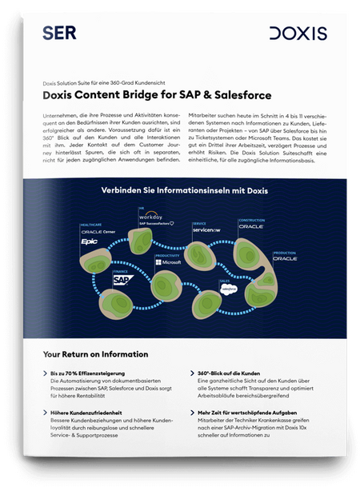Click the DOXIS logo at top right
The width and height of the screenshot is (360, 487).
coord(297,33)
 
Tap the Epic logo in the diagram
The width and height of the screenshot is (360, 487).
coord(88,239)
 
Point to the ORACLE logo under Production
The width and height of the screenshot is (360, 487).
coord(285,260)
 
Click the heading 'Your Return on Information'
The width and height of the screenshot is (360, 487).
coord(95,354)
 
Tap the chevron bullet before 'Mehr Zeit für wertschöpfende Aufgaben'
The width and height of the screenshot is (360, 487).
coord(189,413)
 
